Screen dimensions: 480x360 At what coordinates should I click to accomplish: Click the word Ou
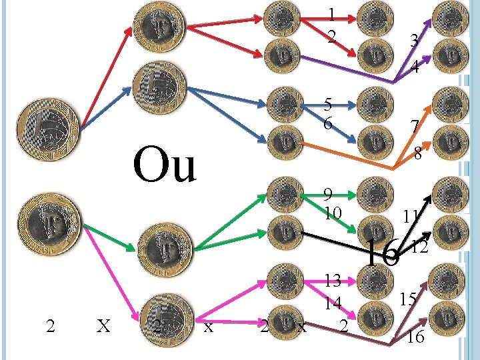165,165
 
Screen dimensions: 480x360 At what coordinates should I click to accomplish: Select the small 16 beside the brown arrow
415,337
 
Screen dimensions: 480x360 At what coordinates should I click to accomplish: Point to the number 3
414,41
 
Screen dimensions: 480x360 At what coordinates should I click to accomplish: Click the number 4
415,67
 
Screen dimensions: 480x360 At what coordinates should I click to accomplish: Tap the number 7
415,127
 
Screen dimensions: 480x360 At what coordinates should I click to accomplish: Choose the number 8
418,154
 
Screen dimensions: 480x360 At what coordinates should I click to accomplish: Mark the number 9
328,194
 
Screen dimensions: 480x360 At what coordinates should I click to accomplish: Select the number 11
410,216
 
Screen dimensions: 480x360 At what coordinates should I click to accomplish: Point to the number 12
419,248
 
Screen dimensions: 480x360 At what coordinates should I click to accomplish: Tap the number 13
333,280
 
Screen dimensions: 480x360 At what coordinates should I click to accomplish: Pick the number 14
333,303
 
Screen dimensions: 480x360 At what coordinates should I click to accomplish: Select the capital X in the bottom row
103,326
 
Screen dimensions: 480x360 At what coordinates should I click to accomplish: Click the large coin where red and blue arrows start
49,130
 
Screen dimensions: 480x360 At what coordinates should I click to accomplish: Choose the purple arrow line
347,71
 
